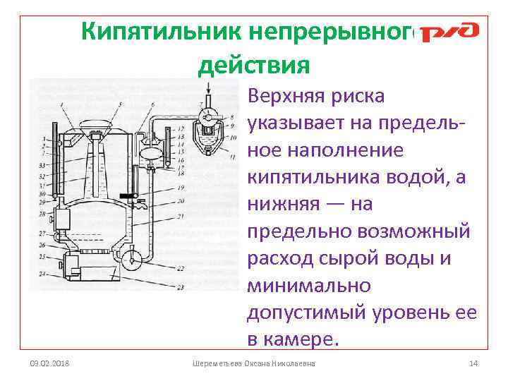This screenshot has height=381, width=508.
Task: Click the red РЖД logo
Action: (449, 32)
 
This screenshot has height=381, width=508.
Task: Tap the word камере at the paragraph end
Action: (303, 339)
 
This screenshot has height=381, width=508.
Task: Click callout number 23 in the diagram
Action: (181, 287)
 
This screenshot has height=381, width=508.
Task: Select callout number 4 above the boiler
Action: (63, 104)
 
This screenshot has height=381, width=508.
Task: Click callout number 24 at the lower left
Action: (42, 273)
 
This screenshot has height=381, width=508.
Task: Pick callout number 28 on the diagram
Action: (43, 211)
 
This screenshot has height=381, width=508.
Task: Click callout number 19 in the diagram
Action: (181, 188)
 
